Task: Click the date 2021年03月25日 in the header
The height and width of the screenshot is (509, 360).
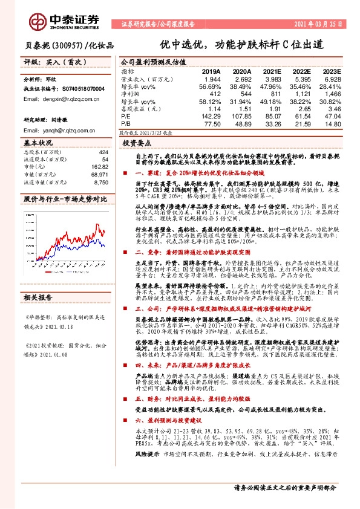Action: coord(316,25)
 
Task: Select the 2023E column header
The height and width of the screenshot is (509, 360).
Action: coord(331,71)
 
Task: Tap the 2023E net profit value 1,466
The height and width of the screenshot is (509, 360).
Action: coord(332,94)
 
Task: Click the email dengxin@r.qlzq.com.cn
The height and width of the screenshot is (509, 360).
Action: coord(68,99)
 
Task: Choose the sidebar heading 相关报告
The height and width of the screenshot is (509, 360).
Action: coord(38,332)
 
